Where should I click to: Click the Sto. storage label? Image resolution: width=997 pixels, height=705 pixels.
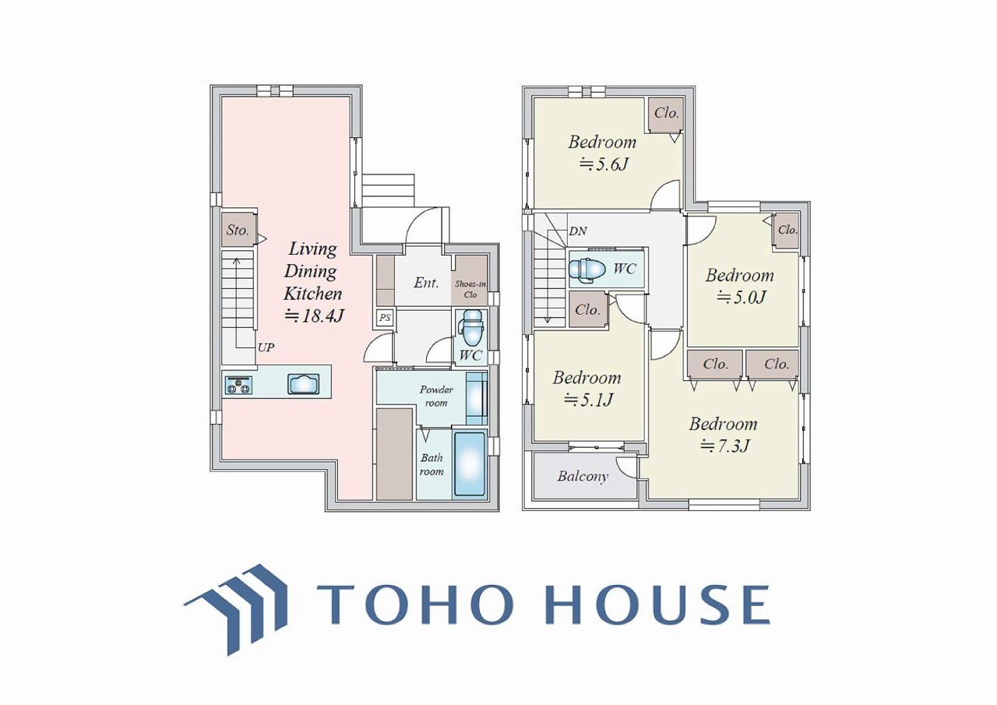(238, 230)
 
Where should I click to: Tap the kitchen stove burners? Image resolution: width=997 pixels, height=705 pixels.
(239, 385)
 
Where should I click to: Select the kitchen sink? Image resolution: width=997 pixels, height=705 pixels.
(304, 384)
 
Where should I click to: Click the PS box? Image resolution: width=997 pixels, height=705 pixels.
(385, 318)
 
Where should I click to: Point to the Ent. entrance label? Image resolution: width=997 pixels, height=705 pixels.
(426, 282)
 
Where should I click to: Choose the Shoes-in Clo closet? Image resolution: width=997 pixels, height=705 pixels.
(470, 280)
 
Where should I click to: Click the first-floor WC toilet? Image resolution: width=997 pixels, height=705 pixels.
(472, 329)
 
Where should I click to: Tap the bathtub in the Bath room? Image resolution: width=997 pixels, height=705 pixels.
(469, 464)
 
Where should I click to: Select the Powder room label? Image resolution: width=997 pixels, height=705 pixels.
(436, 396)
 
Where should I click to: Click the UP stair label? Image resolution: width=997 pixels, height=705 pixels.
(266, 347)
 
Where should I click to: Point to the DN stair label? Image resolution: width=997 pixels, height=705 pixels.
(578, 231)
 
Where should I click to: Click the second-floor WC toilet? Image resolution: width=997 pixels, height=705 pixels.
(587, 270)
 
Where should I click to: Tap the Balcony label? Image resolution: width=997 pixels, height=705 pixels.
(583, 477)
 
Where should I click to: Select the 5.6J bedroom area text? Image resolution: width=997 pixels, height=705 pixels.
(604, 165)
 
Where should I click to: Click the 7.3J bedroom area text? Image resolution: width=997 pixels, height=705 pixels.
(725, 446)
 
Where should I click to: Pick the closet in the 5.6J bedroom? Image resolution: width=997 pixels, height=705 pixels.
(665, 115)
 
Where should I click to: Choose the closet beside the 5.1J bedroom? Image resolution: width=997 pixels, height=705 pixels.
(588, 310)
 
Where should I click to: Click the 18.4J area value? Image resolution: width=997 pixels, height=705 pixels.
(315, 316)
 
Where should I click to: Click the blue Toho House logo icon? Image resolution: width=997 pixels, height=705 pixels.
(236, 609)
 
